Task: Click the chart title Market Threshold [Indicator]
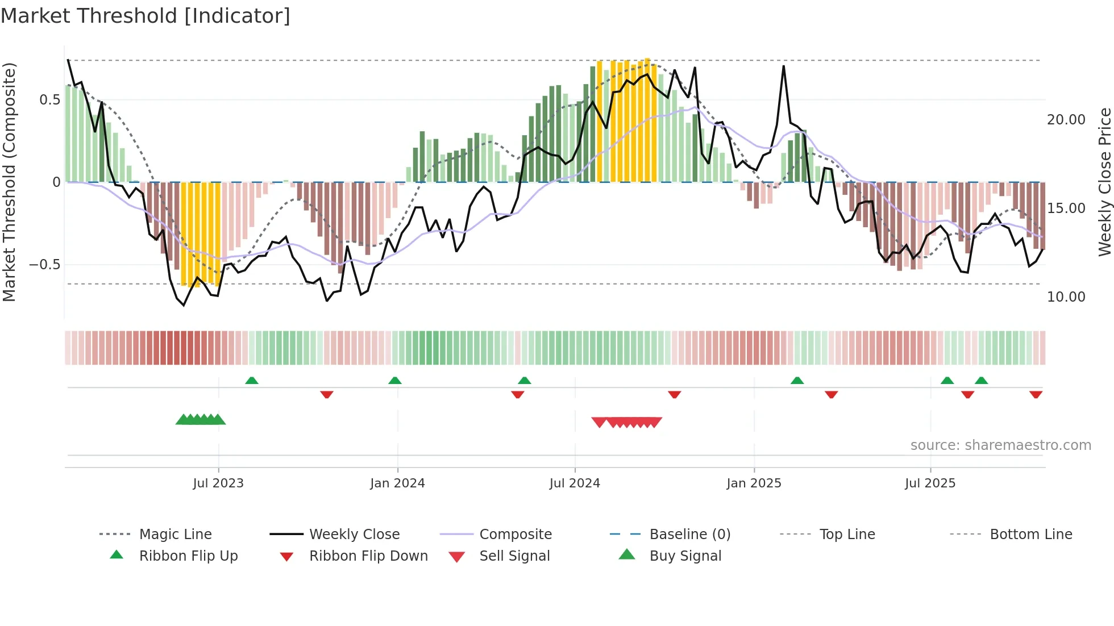(146, 16)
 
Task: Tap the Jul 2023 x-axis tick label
(218, 483)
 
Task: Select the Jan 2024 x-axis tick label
(397, 483)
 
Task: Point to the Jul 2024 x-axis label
(575, 483)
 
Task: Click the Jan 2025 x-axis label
(754, 483)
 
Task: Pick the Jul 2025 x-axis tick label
(930, 483)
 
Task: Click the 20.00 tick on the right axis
(1066, 120)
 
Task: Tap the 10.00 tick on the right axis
(1066, 297)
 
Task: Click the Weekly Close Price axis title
(1104, 182)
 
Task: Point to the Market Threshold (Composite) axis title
(9, 182)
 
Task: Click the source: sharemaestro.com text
(1000, 445)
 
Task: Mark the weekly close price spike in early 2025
(783, 66)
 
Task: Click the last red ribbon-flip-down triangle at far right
(1036, 394)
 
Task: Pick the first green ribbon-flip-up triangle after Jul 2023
(252, 381)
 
